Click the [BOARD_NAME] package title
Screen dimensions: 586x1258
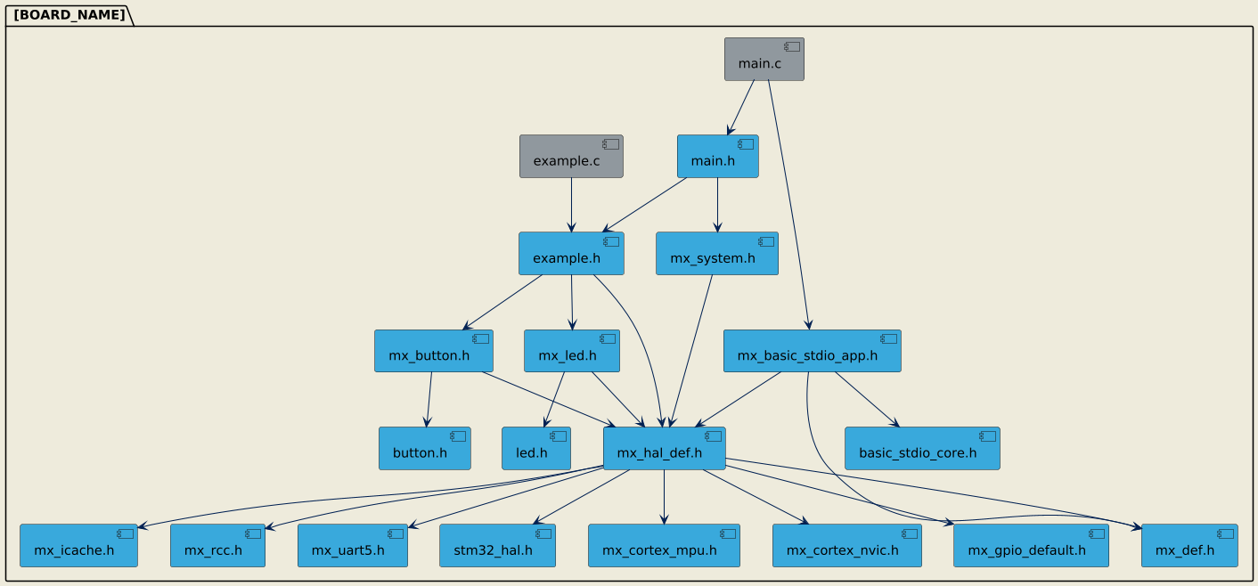pos(69,15)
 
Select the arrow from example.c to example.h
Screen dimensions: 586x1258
pos(571,205)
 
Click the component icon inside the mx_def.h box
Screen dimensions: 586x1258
pos(1221,533)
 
